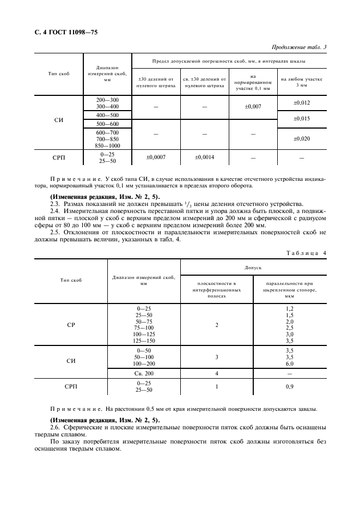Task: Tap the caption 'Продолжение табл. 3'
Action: point(298,47)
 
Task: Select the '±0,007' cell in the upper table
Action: point(253,106)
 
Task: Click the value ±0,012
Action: point(302,102)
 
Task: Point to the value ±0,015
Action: point(302,118)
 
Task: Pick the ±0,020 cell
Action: point(302,138)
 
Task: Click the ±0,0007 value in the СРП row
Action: point(156,157)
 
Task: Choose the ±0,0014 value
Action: point(205,157)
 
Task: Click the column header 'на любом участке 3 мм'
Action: point(302,82)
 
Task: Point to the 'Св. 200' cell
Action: point(144,373)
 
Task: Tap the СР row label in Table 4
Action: point(71,325)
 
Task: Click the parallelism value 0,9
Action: point(290,386)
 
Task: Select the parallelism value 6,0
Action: point(290,363)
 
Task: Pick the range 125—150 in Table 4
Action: point(144,340)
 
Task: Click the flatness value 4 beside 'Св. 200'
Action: point(217,373)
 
